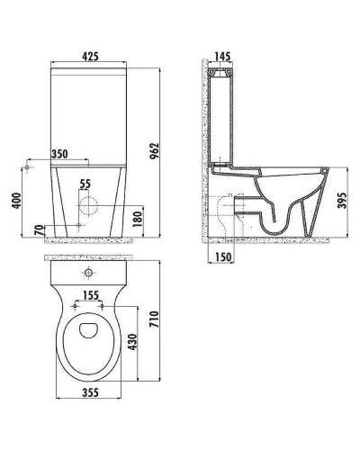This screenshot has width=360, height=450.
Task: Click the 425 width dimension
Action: (x=90, y=57)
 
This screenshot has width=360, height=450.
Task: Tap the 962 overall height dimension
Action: (x=154, y=151)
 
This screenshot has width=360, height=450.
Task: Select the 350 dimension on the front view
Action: (x=59, y=154)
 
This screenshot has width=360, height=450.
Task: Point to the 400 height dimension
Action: (x=16, y=201)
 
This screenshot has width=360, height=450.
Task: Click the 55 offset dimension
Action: (x=85, y=184)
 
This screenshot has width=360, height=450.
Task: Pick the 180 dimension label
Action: (x=138, y=220)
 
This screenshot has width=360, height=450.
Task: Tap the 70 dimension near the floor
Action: (x=39, y=231)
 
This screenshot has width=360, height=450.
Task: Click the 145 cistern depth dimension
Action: (x=222, y=56)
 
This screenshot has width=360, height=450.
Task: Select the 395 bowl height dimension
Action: (x=342, y=201)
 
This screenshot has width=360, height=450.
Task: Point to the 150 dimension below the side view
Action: (x=223, y=256)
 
